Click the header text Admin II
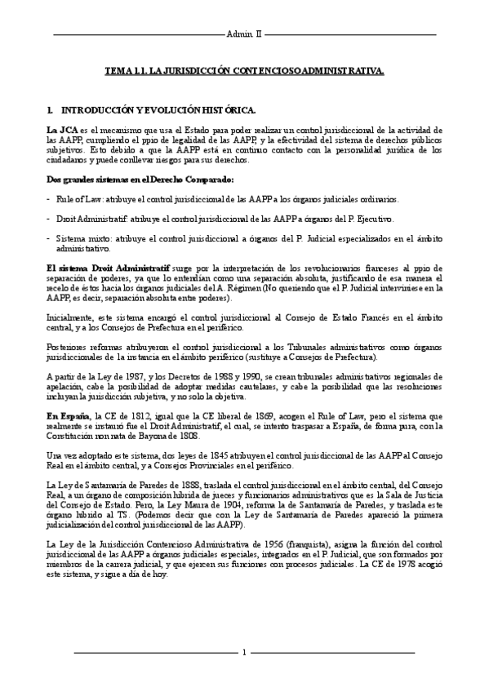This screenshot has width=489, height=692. click(x=244, y=36)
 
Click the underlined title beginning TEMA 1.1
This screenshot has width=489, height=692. click(x=244, y=73)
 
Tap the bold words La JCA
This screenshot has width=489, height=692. click(x=61, y=130)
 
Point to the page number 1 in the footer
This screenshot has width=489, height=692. click(x=244, y=653)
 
